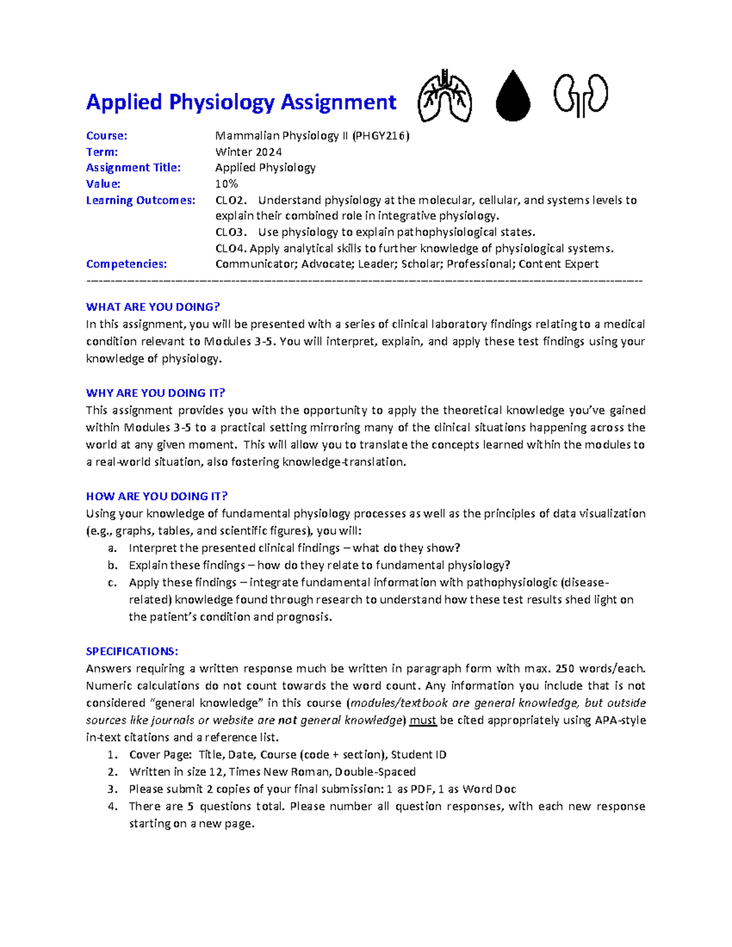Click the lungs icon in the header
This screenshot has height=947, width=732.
coord(445,96)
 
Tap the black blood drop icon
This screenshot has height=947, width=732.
coord(512,96)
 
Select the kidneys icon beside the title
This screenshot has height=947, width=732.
coord(580,95)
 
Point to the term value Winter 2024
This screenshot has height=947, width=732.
coord(248,152)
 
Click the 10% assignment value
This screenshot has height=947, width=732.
coord(226,184)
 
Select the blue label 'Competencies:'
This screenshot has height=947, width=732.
coord(126,264)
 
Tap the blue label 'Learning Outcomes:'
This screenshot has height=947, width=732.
coord(140,200)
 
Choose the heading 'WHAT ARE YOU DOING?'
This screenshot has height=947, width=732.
coord(152,307)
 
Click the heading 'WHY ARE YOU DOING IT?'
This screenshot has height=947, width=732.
coord(156,393)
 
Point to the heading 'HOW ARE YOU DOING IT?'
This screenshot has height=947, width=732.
coord(157,496)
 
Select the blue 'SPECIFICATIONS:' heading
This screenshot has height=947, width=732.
coord(132,651)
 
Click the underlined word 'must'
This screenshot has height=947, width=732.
coord(423,720)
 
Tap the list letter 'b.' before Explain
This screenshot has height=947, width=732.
coord(112,565)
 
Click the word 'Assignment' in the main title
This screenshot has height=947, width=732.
coord(339,102)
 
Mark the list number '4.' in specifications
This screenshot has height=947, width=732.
coord(112,806)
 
